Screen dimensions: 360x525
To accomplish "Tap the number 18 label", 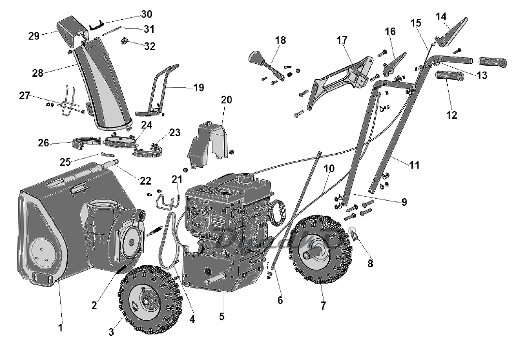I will pyautogui.click(x=281, y=40).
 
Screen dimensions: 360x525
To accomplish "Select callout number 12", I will pyautogui.click(x=452, y=115).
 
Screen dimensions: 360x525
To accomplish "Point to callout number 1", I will pyautogui.click(x=60, y=327).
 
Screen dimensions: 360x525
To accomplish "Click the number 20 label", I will pyautogui.click(x=226, y=100).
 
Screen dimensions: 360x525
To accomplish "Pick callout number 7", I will pyautogui.click(x=323, y=305).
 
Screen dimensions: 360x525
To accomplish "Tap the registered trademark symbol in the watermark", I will pyautogui.click(x=352, y=230).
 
